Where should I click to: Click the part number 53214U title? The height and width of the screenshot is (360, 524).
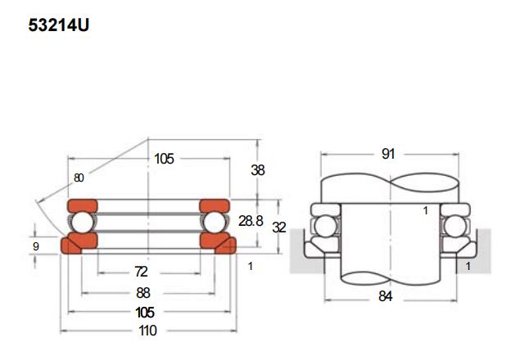(58, 25)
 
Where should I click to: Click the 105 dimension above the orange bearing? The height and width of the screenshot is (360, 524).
(164, 159)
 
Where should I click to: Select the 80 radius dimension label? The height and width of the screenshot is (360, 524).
(79, 178)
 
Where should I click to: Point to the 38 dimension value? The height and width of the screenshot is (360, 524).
(257, 170)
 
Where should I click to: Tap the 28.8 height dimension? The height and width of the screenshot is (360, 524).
(251, 222)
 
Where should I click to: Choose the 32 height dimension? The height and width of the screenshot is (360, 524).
(279, 227)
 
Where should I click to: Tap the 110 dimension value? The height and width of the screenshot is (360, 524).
(147, 331)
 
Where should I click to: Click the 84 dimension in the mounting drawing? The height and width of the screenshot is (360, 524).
(386, 296)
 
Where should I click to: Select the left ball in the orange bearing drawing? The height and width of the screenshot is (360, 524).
(81, 222)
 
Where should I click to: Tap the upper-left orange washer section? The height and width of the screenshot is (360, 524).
(81, 205)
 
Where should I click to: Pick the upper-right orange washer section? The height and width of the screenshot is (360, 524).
(215, 205)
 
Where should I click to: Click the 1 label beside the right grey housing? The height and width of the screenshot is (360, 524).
(468, 267)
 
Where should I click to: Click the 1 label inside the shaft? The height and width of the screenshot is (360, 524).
(426, 211)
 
